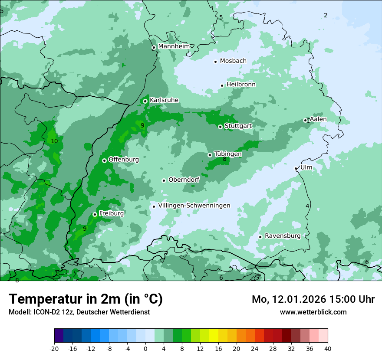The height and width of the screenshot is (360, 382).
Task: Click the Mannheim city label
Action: pyautogui.click(x=174, y=46)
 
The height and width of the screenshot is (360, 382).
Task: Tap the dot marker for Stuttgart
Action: pyautogui.click(x=220, y=127)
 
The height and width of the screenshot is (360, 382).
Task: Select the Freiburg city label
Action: pyautogui.click(x=111, y=213)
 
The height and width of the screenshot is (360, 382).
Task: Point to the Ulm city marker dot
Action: pyautogui.click(x=296, y=168)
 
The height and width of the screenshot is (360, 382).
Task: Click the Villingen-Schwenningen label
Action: pyautogui.click(x=194, y=206)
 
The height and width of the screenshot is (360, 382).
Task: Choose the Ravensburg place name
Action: pyautogui.click(x=282, y=236)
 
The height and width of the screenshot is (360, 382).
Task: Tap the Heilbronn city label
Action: pyautogui.click(x=240, y=85)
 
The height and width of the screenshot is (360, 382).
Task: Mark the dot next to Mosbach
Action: pyautogui.click(x=215, y=62)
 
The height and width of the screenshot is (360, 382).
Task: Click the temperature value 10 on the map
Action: pyautogui.click(x=54, y=141)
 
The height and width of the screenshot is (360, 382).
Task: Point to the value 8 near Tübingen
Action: pyautogui.click(x=224, y=159)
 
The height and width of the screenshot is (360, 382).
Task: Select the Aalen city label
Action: pyautogui.click(x=318, y=119)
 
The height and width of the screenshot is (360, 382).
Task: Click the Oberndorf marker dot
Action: pyautogui.click(x=164, y=180)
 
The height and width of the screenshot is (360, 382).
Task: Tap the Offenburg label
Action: pyautogui.click(x=123, y=160)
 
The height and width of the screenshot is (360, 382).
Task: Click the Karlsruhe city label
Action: pyautogui.click(x=164, y=100)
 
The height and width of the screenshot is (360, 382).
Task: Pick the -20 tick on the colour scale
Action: pyautogui.click(x=54, y=348)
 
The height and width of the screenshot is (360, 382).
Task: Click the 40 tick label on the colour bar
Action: pyautogui.click(x=328, y=348)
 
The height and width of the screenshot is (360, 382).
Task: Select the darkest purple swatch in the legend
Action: pyautogui.click(x=59, y=336)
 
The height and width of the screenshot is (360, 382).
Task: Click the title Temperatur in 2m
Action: pyautogui.click(x=86, y=299)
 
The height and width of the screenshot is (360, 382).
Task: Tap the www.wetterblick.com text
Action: pyautogui.click(x=313, y=312)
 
